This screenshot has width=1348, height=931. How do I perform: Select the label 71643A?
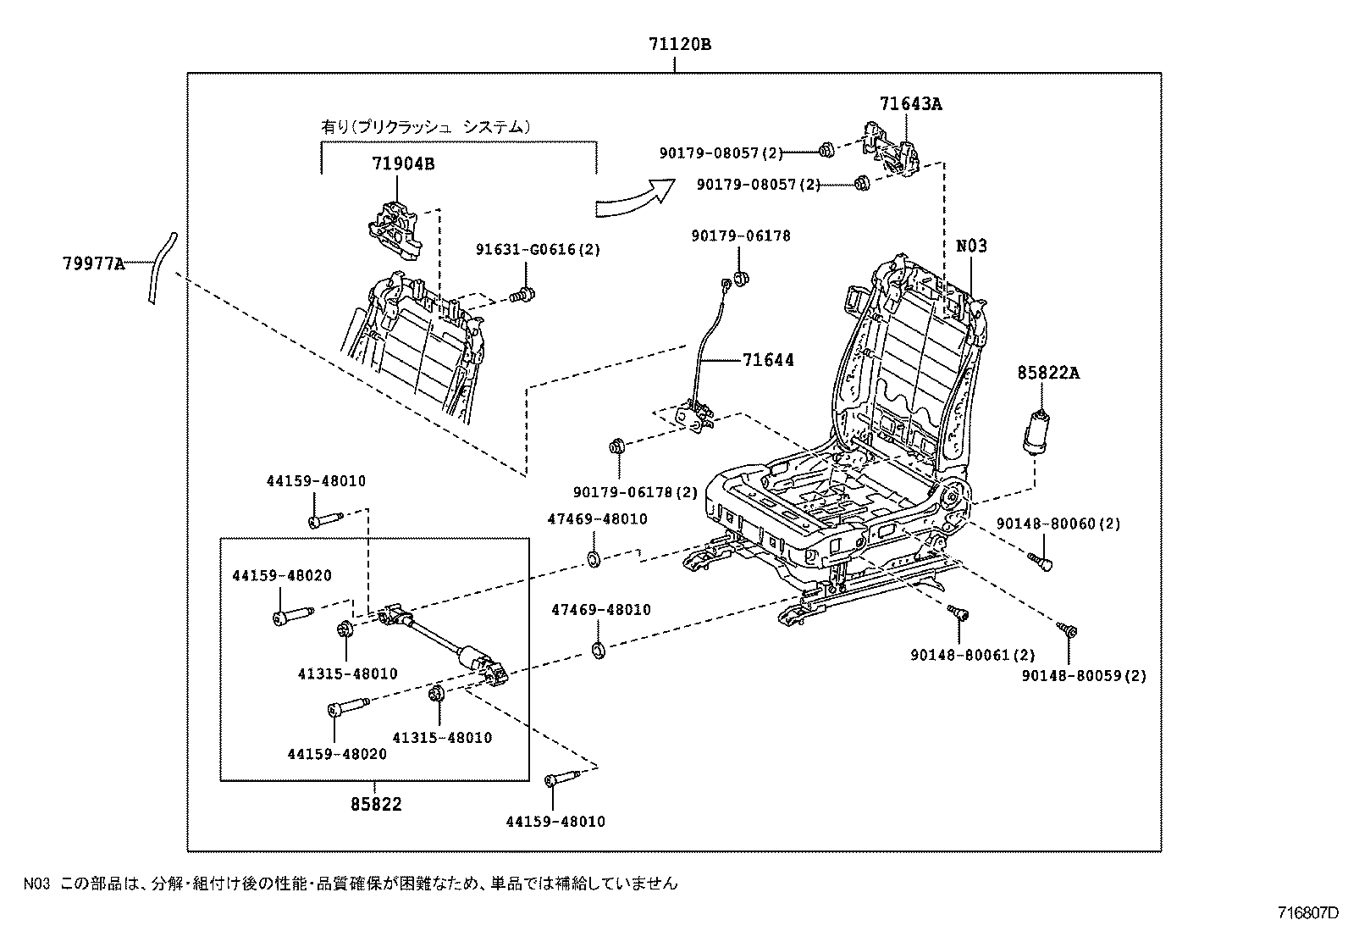point(910,104)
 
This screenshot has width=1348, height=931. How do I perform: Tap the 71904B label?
point(402,163)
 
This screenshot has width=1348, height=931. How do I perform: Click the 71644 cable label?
point(768,360)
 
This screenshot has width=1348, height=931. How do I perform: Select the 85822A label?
point(1048,373)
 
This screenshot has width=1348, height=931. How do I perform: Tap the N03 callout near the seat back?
point(971,246)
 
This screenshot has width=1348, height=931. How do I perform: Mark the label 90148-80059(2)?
point(1084,676)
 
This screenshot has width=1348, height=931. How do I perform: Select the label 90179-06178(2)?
point(635,492)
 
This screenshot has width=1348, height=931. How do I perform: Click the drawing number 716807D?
point(1308,914)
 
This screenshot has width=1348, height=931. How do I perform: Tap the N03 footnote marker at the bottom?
point(37,884)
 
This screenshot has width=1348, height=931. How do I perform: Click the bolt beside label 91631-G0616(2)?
point(522,295)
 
